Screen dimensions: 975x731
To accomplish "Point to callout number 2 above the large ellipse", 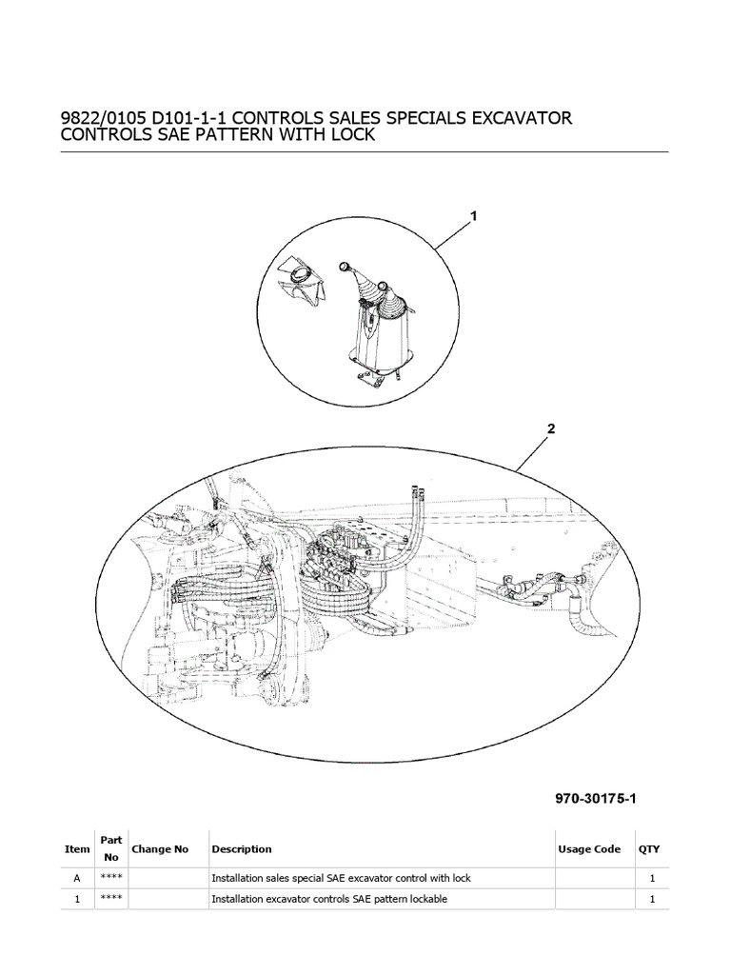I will (550, 429).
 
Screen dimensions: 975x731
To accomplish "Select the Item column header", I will (77, 849).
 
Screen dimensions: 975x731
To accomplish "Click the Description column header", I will (242, 849).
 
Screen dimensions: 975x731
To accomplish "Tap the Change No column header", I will (160, 849).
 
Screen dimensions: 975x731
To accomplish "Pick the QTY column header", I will (649, 849).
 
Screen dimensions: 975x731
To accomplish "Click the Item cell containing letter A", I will (77, 878).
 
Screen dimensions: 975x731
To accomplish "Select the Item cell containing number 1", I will (77, 899).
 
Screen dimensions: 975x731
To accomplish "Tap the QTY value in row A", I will (651, 878).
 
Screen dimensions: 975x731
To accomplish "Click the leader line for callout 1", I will (455, 234).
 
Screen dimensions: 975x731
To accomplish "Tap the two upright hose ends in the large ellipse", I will (416, 492).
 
